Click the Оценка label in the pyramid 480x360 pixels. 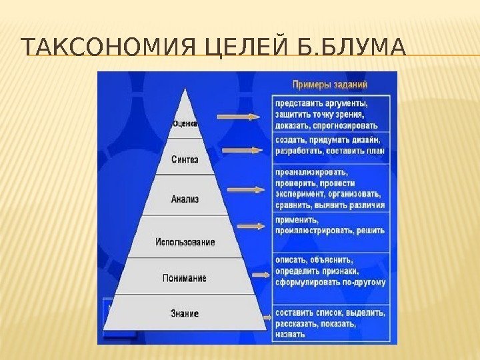click(185, 123)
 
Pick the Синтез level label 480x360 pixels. click(185, 159)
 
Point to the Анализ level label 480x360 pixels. click(185, 199)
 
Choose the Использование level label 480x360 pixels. click(185, 242)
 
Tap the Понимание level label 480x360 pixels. click(184, 278)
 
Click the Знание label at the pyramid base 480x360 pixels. click(185, 313)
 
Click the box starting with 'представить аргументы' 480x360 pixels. click(329, 114)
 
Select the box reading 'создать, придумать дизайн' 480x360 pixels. click(329, 145)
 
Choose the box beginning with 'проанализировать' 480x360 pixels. click(329, 189)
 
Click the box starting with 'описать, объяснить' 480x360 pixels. click(329, 271)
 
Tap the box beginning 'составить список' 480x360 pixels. click(329, 323)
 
